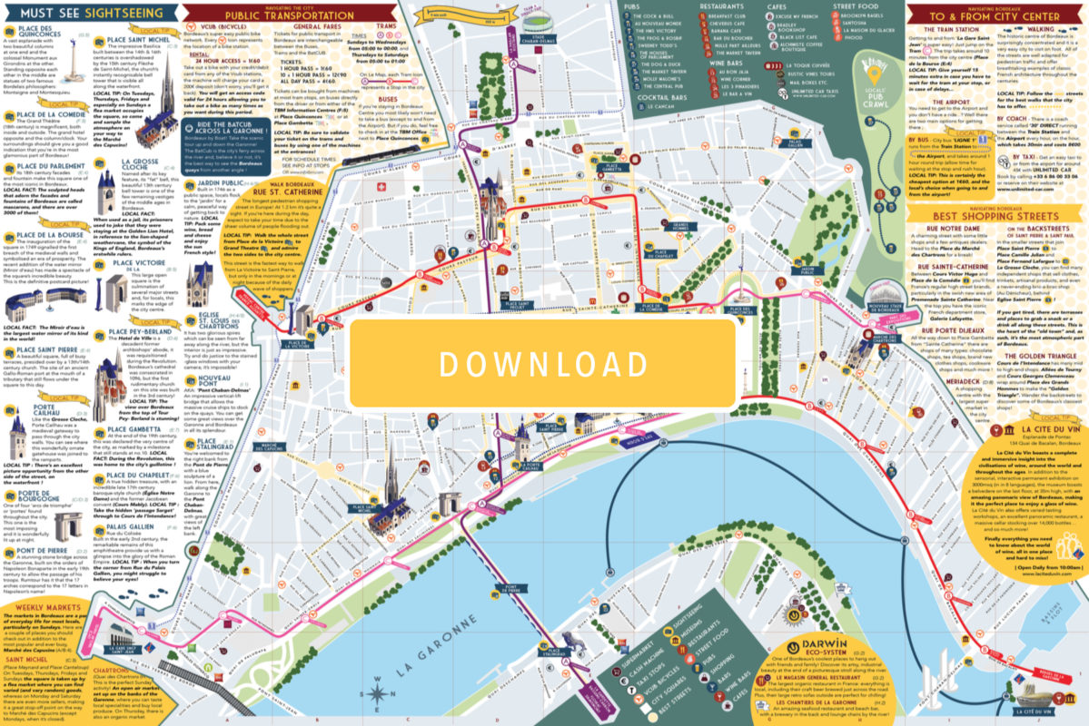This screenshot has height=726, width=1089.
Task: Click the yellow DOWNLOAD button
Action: (x=543, y=363)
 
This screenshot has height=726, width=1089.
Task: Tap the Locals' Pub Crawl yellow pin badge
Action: (x=874, y=73)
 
